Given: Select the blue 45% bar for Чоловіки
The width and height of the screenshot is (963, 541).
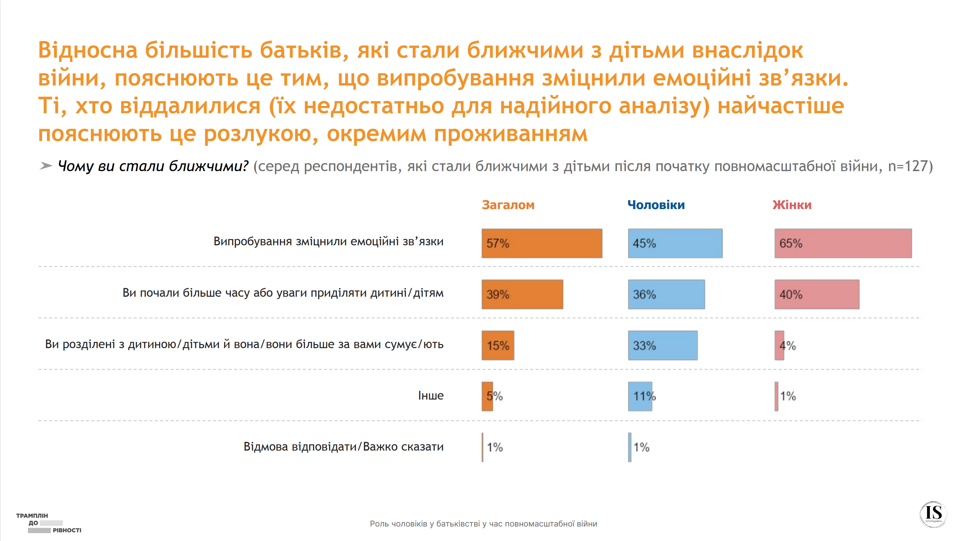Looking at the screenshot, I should pyautogui.click(x=675, y=243).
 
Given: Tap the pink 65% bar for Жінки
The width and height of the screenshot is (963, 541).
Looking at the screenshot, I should pyautogui.click(x=842, y=243).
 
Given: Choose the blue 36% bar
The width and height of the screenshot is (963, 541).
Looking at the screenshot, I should pyautogui.click(x=666, y=294).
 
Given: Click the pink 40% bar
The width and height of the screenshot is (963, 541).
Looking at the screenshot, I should pyautogui.click(x=817, y=294).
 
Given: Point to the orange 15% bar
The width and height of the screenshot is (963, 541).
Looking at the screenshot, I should pyautogui.click(x=498, y=346).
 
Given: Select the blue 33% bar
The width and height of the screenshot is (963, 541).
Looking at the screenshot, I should pyautogui.click(x=663, y=346).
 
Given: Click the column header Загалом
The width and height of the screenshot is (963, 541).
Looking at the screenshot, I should pyautogui.click(x=508, y=205).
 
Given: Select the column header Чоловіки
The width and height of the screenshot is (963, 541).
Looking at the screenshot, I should pyautogui.click(x=656, y=205).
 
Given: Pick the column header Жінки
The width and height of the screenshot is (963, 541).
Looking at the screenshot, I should pyautogui.click(x=792, y=205).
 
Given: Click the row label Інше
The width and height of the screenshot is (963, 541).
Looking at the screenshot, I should pyautogui.click(x=430, y=395).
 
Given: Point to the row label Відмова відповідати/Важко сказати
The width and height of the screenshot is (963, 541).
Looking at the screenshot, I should pyautogui.click(x=343, y=446).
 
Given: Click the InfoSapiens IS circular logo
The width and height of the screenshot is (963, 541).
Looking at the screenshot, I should pyautogui.click(x=933, y=514).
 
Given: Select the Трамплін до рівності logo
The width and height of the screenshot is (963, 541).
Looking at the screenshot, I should pyautogui.click(x=49, y=523).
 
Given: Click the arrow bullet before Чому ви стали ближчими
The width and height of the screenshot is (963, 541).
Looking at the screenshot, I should pyautogui.click(x=46, y=166).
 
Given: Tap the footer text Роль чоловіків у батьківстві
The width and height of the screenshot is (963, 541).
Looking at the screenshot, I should pyautogui.click(x=483, y=524).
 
